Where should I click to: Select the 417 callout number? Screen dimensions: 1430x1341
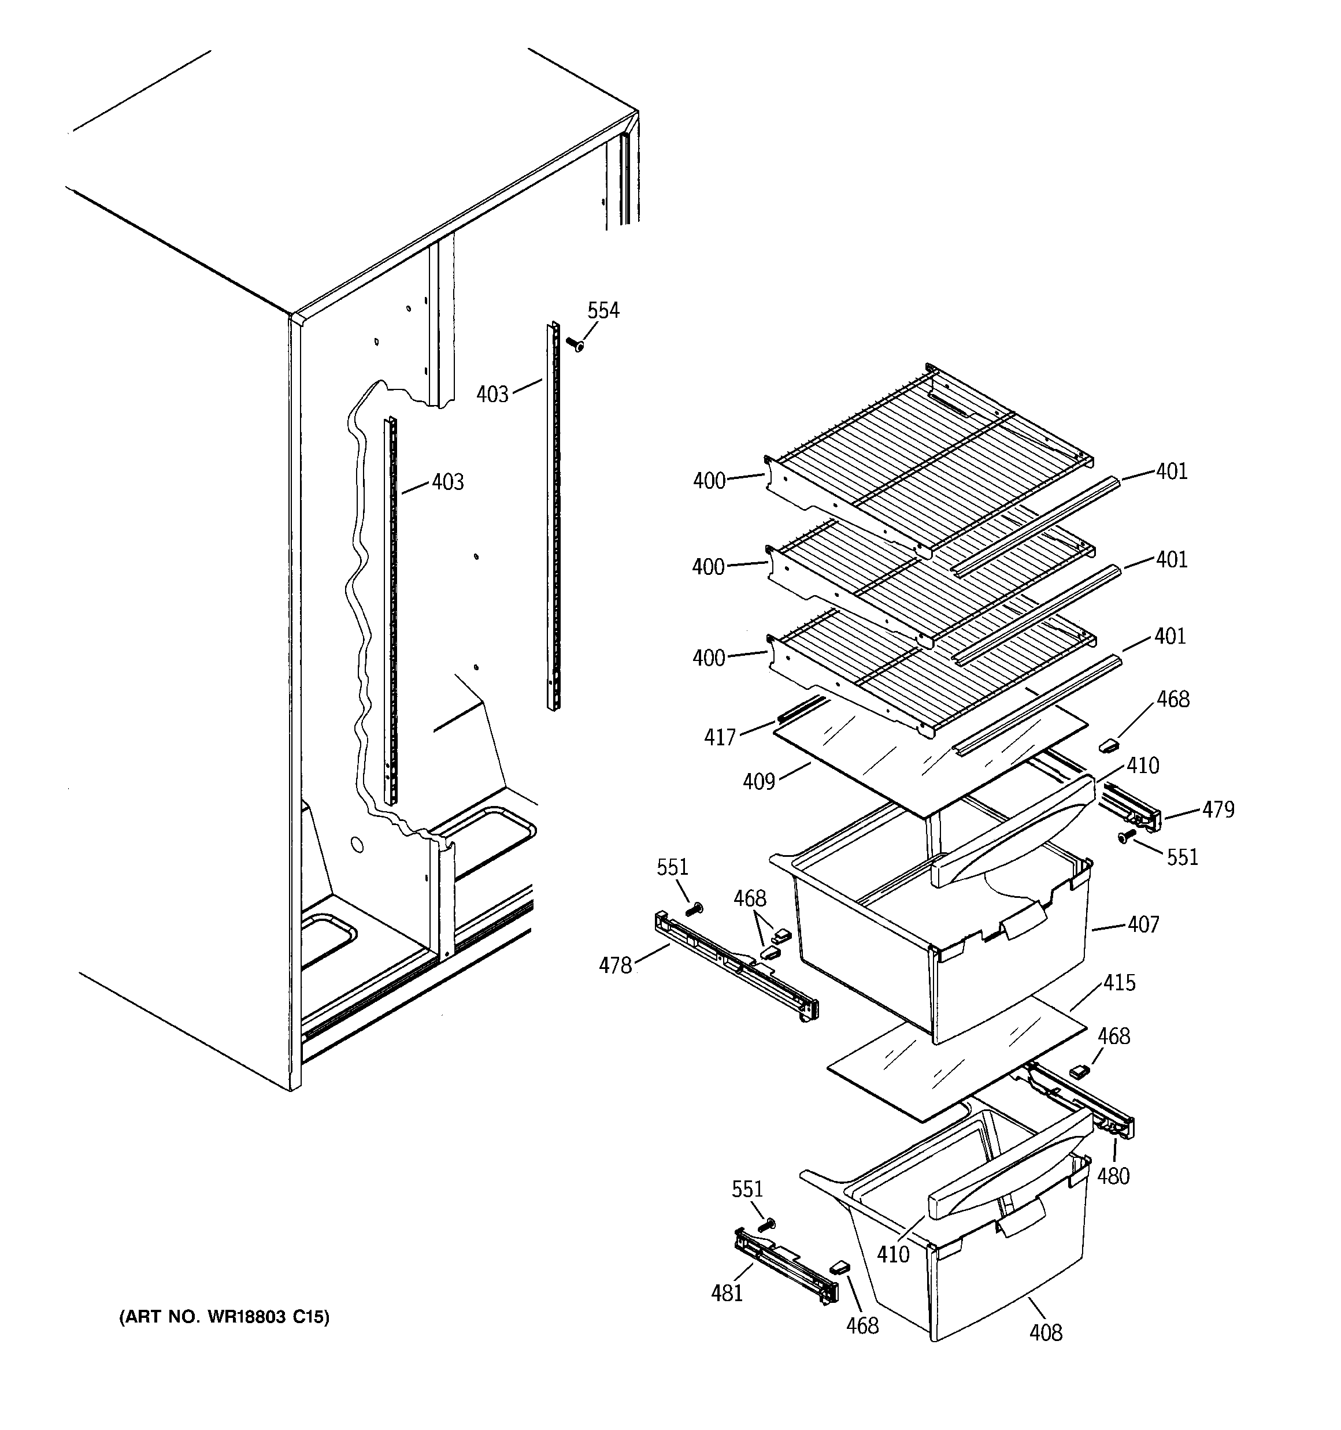720,737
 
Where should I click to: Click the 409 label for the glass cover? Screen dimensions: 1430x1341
759,781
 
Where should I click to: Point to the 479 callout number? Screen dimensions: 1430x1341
1218,810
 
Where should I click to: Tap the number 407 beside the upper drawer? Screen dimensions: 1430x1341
1143,924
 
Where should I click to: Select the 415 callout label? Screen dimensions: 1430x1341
1119,983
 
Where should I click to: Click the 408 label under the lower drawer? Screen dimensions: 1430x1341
1045,1333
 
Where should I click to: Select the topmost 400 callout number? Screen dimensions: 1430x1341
709,481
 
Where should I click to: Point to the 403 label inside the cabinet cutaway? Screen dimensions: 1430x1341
448,482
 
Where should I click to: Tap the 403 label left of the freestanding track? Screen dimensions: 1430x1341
492,394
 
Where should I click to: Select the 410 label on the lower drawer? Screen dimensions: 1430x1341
892,1254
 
